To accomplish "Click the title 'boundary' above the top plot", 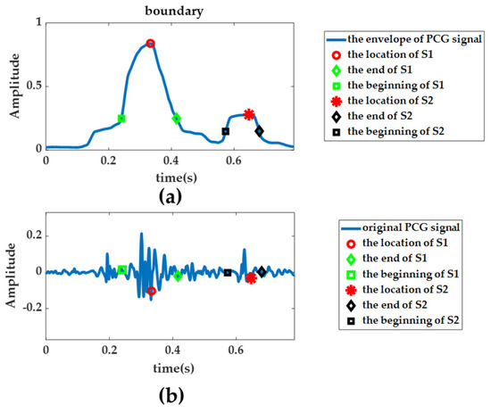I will pyautogui.click(x=170, y=8).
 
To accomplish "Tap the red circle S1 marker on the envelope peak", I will pyautogui.click(x=151, y=44).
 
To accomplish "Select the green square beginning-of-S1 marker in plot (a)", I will pyautogui.click(x=121, y=119).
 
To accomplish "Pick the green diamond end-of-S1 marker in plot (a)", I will pyautogui.click(x=177, y=119).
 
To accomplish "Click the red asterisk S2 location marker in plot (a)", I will pyautogui.click(x=249, y=114).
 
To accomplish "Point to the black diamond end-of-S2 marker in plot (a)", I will pyautogui.click(x=259, y=131).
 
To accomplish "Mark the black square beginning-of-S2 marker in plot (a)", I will pyautogui.click(x=226, y=131).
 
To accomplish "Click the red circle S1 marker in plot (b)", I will pyautogui.click(x=151, y=291).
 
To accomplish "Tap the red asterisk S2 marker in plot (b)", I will pyautogui.click(x=251, y=278).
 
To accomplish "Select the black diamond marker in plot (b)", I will pyautogui.click(x=262, y=271).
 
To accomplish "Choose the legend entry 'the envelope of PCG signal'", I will pyautogui.click(x=406, y=40).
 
